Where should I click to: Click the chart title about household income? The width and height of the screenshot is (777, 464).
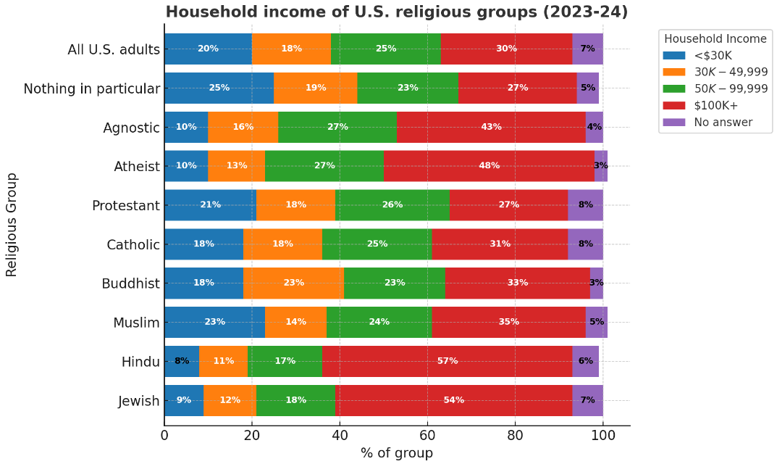click(396, 12)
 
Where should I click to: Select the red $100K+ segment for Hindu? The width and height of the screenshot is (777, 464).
click(448, 361)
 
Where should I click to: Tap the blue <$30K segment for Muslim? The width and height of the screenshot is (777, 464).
click(214, 322)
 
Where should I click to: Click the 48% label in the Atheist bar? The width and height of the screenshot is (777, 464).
click(489, 165)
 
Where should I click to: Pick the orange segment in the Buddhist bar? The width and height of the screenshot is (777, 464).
click(293, 283)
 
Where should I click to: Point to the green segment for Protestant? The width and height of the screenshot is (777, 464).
click(392, 204)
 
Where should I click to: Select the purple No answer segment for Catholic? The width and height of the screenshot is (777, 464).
click(585, 244)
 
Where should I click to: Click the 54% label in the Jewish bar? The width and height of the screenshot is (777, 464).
click(453, 400)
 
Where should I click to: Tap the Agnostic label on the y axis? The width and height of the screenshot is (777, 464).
click(131, 128)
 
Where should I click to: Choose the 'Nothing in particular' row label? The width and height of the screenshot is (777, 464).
click(91, 88)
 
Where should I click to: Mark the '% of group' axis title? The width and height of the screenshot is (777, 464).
click(397, 453)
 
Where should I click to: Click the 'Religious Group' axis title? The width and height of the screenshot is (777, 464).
click(12, 224)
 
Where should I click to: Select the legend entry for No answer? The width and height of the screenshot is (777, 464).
click(723, 123)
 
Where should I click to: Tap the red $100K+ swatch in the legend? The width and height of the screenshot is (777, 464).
click(674, 105)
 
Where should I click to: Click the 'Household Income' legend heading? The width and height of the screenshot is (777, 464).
click(715, 38)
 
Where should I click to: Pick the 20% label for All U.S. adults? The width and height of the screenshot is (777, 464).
click(208, 49)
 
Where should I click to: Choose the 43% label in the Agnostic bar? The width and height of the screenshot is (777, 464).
click(491, 127)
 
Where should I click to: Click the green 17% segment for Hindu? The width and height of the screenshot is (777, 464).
click(285, 361)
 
